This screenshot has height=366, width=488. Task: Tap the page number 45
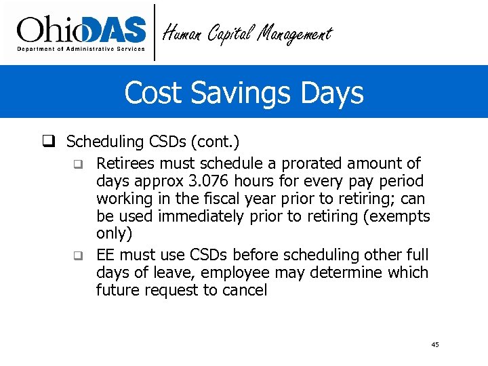click(434, 345)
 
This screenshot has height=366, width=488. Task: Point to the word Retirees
click(126, 163)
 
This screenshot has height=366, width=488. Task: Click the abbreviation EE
click(105, 255)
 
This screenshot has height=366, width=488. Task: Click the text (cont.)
click(215, 142)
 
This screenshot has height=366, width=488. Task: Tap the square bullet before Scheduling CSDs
click(49, 142)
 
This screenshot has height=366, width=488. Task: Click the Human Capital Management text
click(248, 33)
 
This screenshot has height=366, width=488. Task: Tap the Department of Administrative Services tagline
click(81, 49)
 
